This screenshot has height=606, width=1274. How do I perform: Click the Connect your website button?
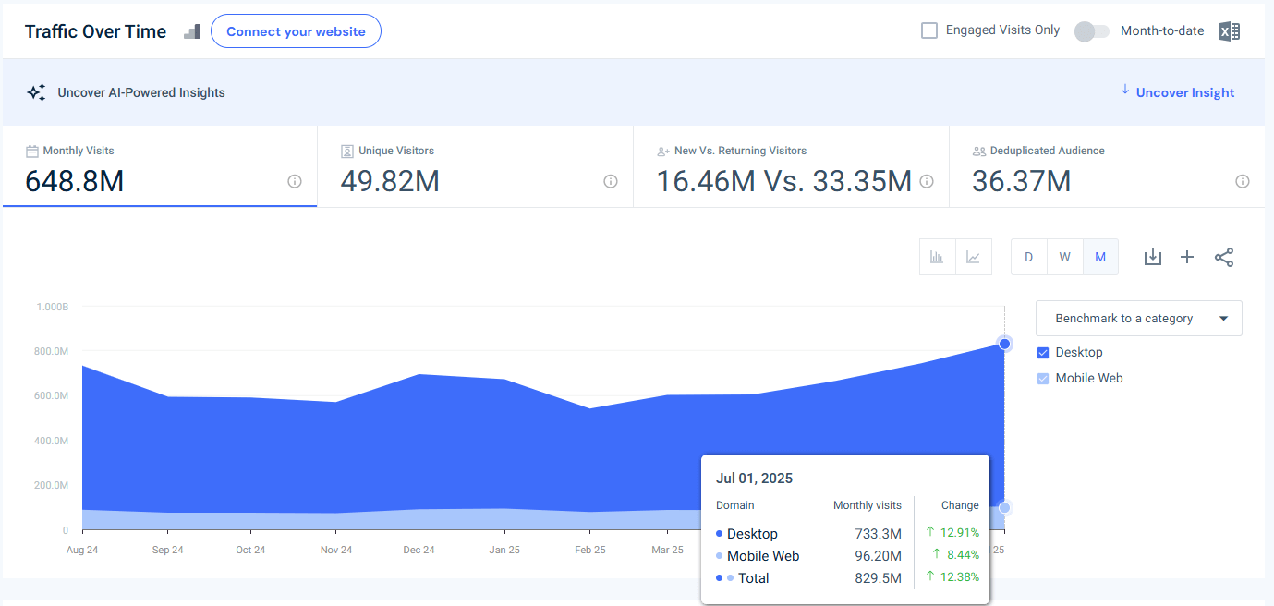tap(296, 31)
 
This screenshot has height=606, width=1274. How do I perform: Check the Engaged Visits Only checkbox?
tap(929, 30)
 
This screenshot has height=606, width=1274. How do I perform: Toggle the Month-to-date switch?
tap(1091, 31)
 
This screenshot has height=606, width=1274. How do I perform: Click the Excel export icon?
tap(1229, 31)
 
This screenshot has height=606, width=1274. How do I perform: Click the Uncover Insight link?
tap(1184, 92)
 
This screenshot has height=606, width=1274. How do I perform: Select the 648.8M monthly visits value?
tap(74, 181)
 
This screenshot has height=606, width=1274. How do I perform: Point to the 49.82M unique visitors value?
tap(389, 181)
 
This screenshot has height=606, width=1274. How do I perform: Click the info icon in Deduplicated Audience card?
tap(1243, 181)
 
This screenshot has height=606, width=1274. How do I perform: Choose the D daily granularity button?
tap(1028, 257)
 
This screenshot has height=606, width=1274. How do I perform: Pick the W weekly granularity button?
tap(1064, 257)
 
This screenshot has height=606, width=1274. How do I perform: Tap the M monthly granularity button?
tap(1100, 257)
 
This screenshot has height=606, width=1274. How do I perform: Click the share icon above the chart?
tap(1224, 257)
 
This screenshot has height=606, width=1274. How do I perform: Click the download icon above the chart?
tap(1152, 257)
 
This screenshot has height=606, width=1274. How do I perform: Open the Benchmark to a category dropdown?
tap(1138, 318)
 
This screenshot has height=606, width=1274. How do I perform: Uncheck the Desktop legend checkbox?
tap(1043, 352)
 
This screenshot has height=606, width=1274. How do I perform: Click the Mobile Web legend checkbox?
tap(1043, 378)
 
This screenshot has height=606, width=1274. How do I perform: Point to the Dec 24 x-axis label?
tap(419, 550)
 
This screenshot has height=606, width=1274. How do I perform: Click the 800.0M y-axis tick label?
tap(52, 351)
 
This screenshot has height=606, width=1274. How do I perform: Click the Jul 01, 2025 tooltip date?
tap(754, 479)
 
